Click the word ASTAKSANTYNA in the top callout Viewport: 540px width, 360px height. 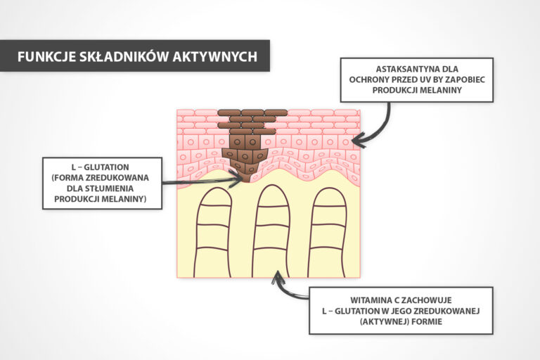click(406, 69)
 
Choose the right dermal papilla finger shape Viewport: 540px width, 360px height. click(328, 232)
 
